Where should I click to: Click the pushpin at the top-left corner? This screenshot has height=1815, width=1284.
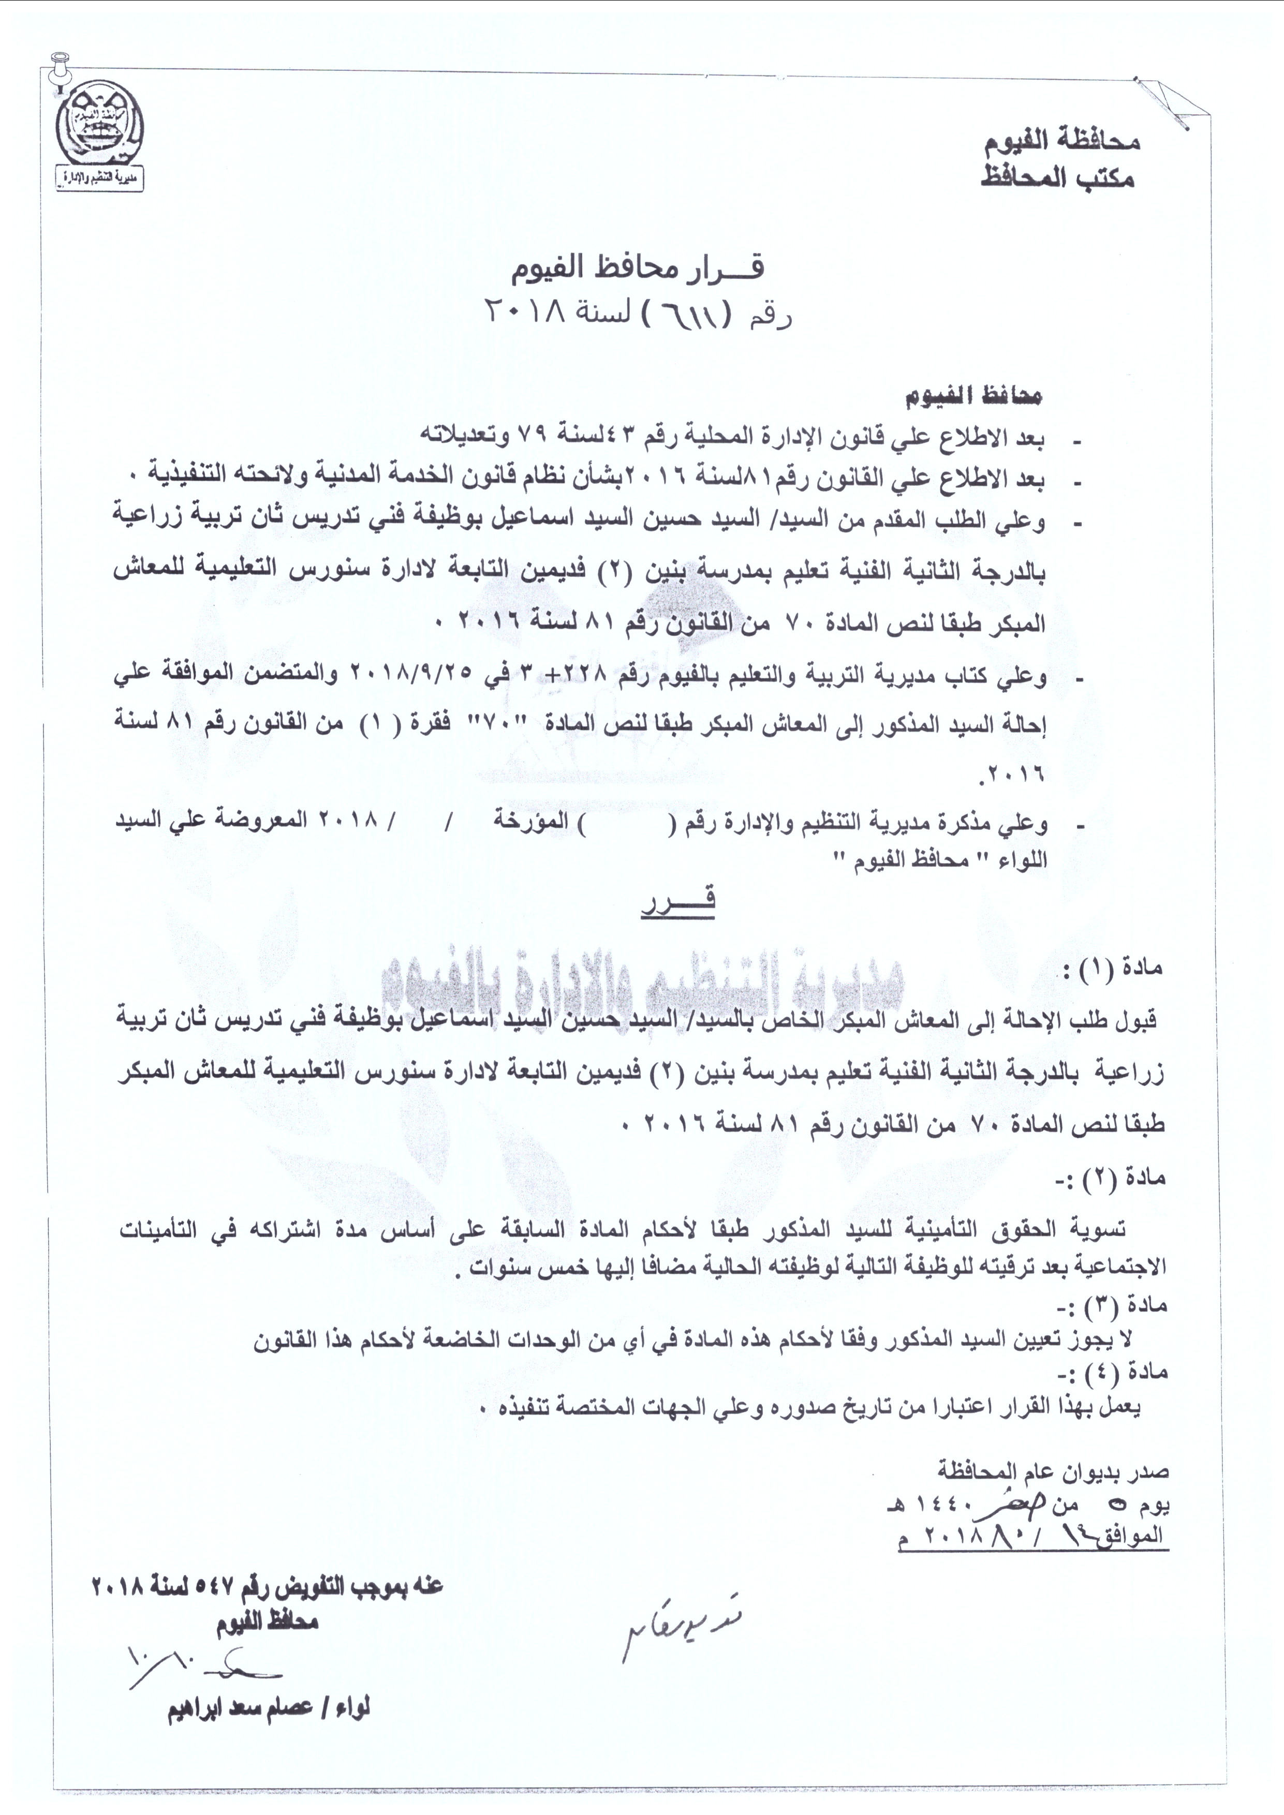(x=58, y=67)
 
